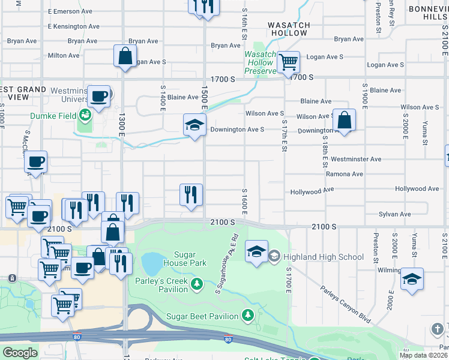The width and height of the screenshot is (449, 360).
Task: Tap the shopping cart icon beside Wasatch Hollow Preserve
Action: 288,61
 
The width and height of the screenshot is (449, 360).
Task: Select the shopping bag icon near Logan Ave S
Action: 124,56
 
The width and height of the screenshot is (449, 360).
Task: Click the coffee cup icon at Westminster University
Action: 98,96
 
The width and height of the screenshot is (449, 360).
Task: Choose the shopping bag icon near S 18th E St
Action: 344,120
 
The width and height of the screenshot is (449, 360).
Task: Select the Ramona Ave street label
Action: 345,174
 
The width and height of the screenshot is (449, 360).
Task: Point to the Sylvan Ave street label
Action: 394,214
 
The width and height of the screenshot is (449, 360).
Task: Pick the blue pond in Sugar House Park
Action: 152,262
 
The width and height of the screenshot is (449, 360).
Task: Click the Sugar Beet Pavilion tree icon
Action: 247,315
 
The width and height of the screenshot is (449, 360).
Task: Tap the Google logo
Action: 20,353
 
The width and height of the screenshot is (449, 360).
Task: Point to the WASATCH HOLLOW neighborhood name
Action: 289,29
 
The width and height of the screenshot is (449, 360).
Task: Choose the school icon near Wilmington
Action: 412,279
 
